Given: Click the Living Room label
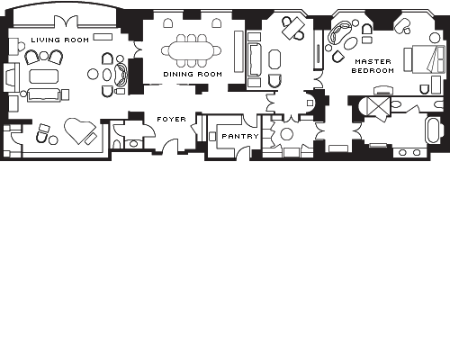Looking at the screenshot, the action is tap(60, 40).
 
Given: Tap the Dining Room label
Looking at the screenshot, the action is tap(193, 74).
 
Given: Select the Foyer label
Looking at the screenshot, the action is tap(171, 119).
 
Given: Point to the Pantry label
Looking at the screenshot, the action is tap(240, 136).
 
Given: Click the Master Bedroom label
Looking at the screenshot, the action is tap(373, 66).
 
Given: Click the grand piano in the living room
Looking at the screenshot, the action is tap(80, 130).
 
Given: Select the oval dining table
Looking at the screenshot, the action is tap(191, 50).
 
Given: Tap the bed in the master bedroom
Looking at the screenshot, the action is tap(428, 59).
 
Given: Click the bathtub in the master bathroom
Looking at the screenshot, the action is tap(434, 130).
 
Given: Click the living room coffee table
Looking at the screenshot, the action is tap(44, 76).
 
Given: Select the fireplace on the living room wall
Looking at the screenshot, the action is tap(11, 77).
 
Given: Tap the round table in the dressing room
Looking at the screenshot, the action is tap(286, 134).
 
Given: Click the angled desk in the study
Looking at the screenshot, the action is tap(293, 28).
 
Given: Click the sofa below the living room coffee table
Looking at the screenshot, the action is tap(44, 95).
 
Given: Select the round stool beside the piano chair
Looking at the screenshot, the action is tap(53, 139).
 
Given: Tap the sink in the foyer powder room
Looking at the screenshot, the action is tap(133, 144).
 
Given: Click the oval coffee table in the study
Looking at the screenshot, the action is tap(274, 59).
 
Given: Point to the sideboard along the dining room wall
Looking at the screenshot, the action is tap(238, 51).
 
